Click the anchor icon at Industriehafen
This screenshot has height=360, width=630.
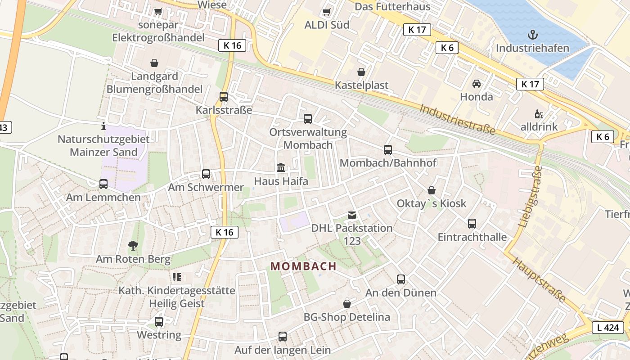tap(533, 35)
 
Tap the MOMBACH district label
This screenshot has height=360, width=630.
tap(304, 266)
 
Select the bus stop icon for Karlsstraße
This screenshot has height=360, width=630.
tap(224, 96)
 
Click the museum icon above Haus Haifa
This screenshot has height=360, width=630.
tap(281, 168)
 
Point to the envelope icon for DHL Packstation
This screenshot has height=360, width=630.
tap(352, 215)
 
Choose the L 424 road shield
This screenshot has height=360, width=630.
tap(608, 328)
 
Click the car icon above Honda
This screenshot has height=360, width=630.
tap(476, 84)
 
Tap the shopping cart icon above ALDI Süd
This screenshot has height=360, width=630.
tap(327, 12)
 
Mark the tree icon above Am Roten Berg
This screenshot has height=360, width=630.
tap(133, 246)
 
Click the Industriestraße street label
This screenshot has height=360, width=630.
tap(458, 119)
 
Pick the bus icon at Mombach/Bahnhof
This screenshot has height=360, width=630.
tap(388, 150)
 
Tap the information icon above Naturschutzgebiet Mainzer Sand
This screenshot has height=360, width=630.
tap(103, 126)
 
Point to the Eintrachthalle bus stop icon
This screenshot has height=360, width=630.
tap(472, 224)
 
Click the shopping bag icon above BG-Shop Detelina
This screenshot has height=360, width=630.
tap(346, 304)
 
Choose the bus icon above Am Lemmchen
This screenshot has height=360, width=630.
tap(103, 184)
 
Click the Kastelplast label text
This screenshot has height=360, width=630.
tap(361, 85)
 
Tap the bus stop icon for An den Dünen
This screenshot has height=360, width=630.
tap(401, 279)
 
